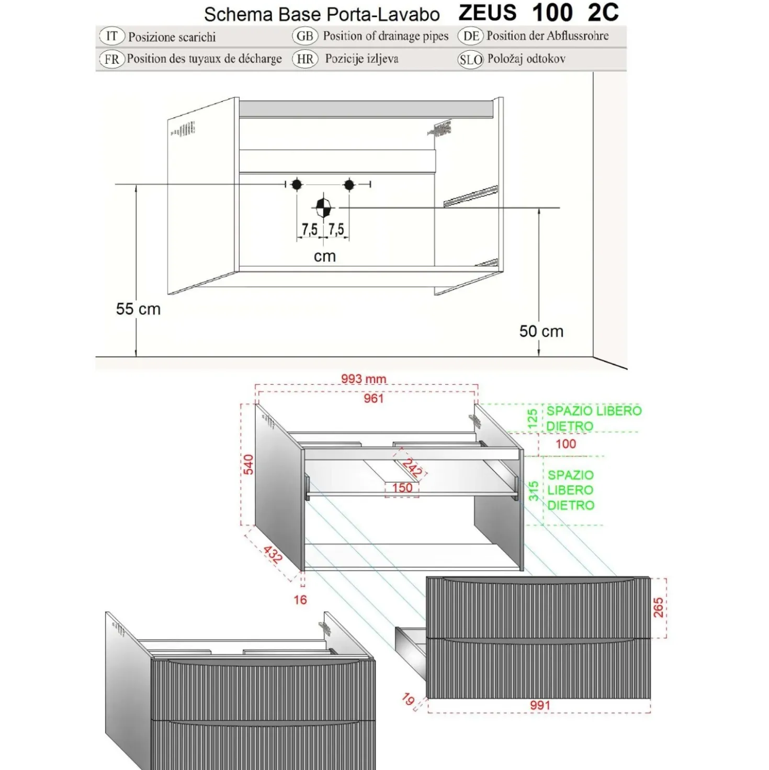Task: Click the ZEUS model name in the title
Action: (x=488, y=13)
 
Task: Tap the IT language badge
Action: (x=112, y=36)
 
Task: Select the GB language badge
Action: (x=305, y=36)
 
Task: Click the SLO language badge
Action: (x=470, y=60)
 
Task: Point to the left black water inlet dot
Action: (x=297, y=185)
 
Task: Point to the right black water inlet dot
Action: (x=349, y=185)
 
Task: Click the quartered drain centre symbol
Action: (x=323, y=207)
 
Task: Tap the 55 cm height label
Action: (x=138, y=309)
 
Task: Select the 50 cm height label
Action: (x=541, y=331)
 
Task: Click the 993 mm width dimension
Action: (x=364, y=379)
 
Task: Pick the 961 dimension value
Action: (x=374, y=398)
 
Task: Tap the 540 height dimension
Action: (x=248, y=464)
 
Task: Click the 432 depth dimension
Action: (x=273, y=554)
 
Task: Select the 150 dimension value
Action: (x=402, y=488)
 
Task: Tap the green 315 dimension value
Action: (x=534, y=490)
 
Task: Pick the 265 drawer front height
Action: (x=658, y=607)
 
